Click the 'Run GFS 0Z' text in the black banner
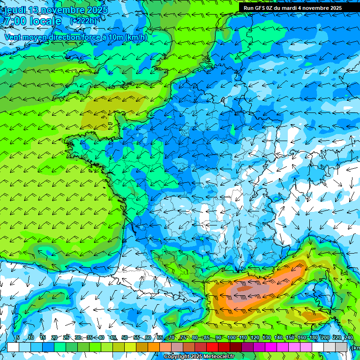[259, 8]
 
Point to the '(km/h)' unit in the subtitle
[136, 37]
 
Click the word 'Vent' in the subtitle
[13, 37]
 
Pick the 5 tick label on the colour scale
[18, 337]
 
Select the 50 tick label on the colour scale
[124, 337]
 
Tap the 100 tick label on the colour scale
[231, 337]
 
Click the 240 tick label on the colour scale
[348, 337]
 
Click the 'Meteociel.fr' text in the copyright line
[218, 357]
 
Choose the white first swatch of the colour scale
[13, 347]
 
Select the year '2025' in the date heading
[95, 10]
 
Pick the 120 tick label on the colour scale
[255, 337]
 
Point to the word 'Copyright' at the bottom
[177, 357]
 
